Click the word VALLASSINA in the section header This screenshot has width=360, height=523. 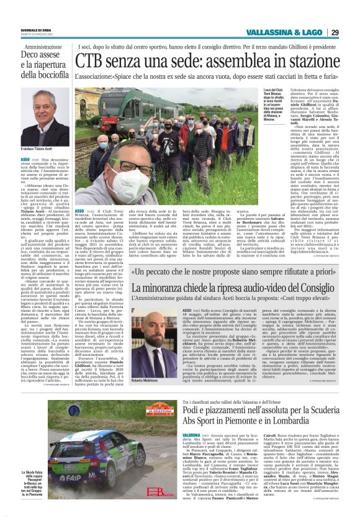pos(265,32)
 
